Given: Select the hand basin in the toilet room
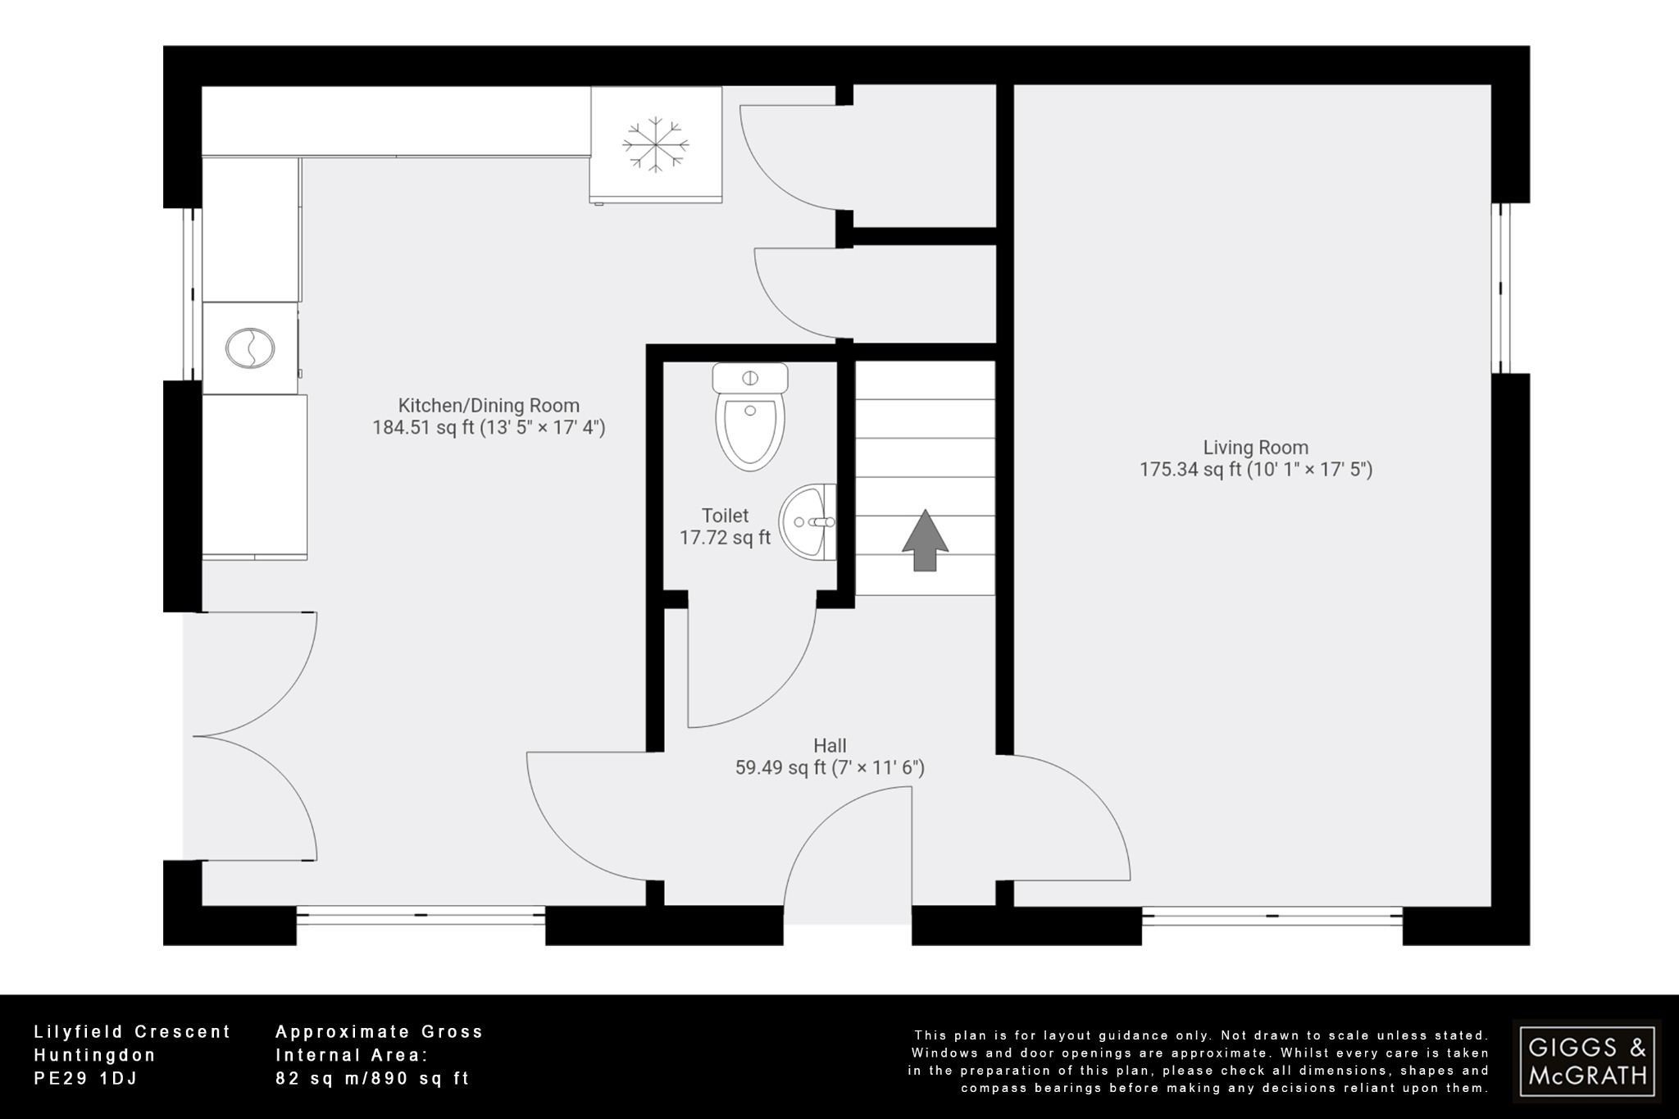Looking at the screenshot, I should pyautogui.click(x=807, y=521).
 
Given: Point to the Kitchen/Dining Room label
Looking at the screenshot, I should pyautogui.click(x=489, y=405).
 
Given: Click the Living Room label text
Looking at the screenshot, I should pyautogui.click(x=1255, y=448).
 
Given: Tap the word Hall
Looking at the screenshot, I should pyautogui.click(x=830, y=745).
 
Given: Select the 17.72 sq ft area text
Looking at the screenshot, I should pyautogui.click(x=725, y=538).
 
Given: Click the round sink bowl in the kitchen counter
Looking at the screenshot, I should pyautogui.click(x=248, y=348).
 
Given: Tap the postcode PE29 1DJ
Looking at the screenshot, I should pyautogui.click(x=85, y=1079).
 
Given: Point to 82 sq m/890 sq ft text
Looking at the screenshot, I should pyautogui.click(x=372, y=1079).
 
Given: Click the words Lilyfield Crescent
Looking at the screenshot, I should pyautogui.click(x=132, y=1032).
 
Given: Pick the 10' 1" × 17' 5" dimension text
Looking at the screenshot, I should pyautogui.click(x=1309, y=470).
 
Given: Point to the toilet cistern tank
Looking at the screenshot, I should pyautogui.click(x=750, y=378).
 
